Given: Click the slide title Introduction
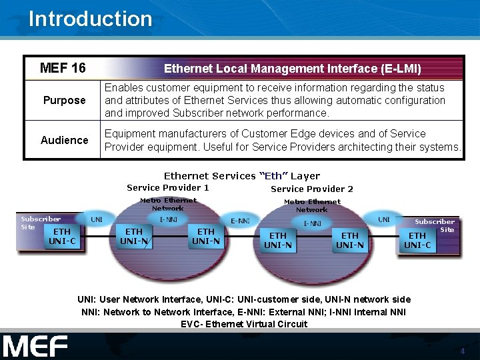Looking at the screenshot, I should click(90, 19).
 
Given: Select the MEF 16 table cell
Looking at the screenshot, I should click(63, 68).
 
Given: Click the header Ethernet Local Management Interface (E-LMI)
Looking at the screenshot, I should click(292, 69).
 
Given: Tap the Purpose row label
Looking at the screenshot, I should click(64, 101).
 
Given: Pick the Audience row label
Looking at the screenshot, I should click(64, 140).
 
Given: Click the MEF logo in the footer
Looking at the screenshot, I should click(35, 347).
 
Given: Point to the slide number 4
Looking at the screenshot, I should click(462, 351).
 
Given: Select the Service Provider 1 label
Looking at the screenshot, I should click(168, 188).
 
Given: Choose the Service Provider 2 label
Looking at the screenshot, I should click(312, 189).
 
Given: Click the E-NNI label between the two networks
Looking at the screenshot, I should click(240, 221).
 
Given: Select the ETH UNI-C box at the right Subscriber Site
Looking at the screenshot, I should click(417, 240).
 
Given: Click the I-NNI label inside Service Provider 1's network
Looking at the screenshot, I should click(168, 219).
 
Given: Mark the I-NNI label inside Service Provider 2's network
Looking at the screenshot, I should click(312, 223).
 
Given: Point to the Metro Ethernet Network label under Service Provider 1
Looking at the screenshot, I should click(168, 204).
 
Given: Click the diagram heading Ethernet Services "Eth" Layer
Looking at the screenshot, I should click(242, 176).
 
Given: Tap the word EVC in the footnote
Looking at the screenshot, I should click(191, 324).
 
